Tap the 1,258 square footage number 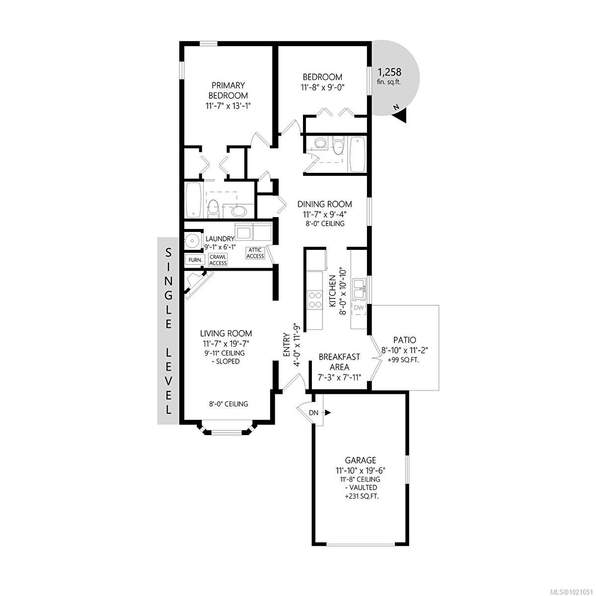click(x=389, y=72)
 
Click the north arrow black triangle click(x=400, y=115)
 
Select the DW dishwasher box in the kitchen click(x=359, y=308)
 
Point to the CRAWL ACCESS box click(x=218, y=260)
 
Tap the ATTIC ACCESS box click(x=255, y=253)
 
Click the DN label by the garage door click(x=313, y=413)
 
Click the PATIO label click(x=405, y=340)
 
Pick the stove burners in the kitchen click(x=314, y=300)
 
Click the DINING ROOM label click(x=325, y=204)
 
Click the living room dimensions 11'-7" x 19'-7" click(x=226, y=343)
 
